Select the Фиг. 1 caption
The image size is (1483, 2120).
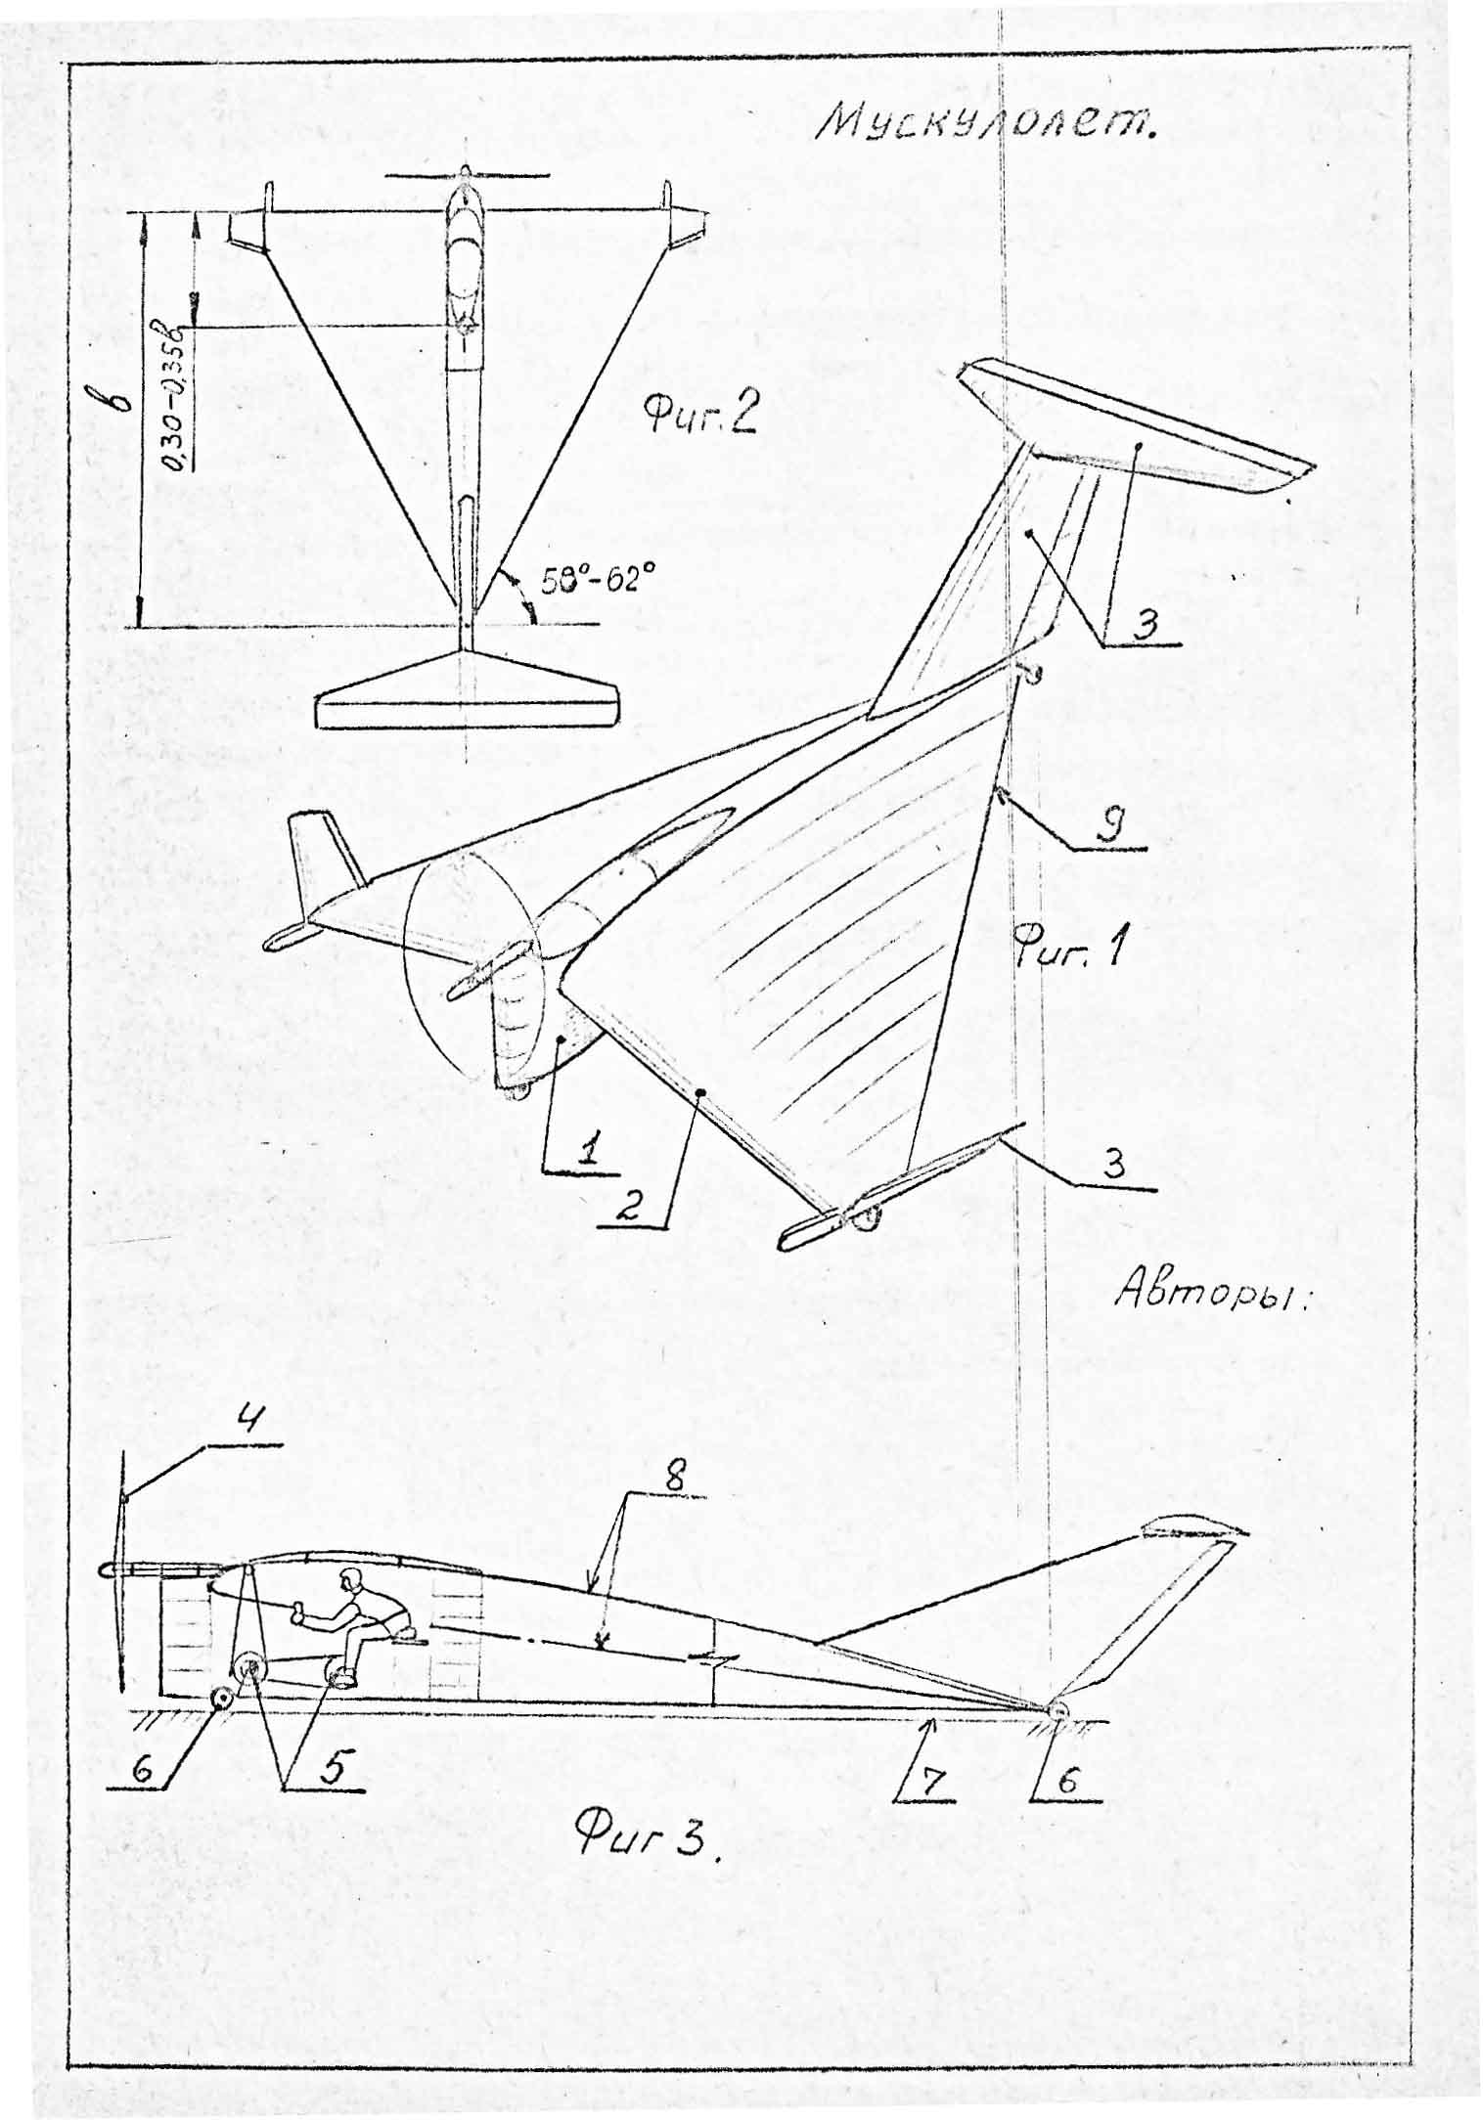coord(1070,947)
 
